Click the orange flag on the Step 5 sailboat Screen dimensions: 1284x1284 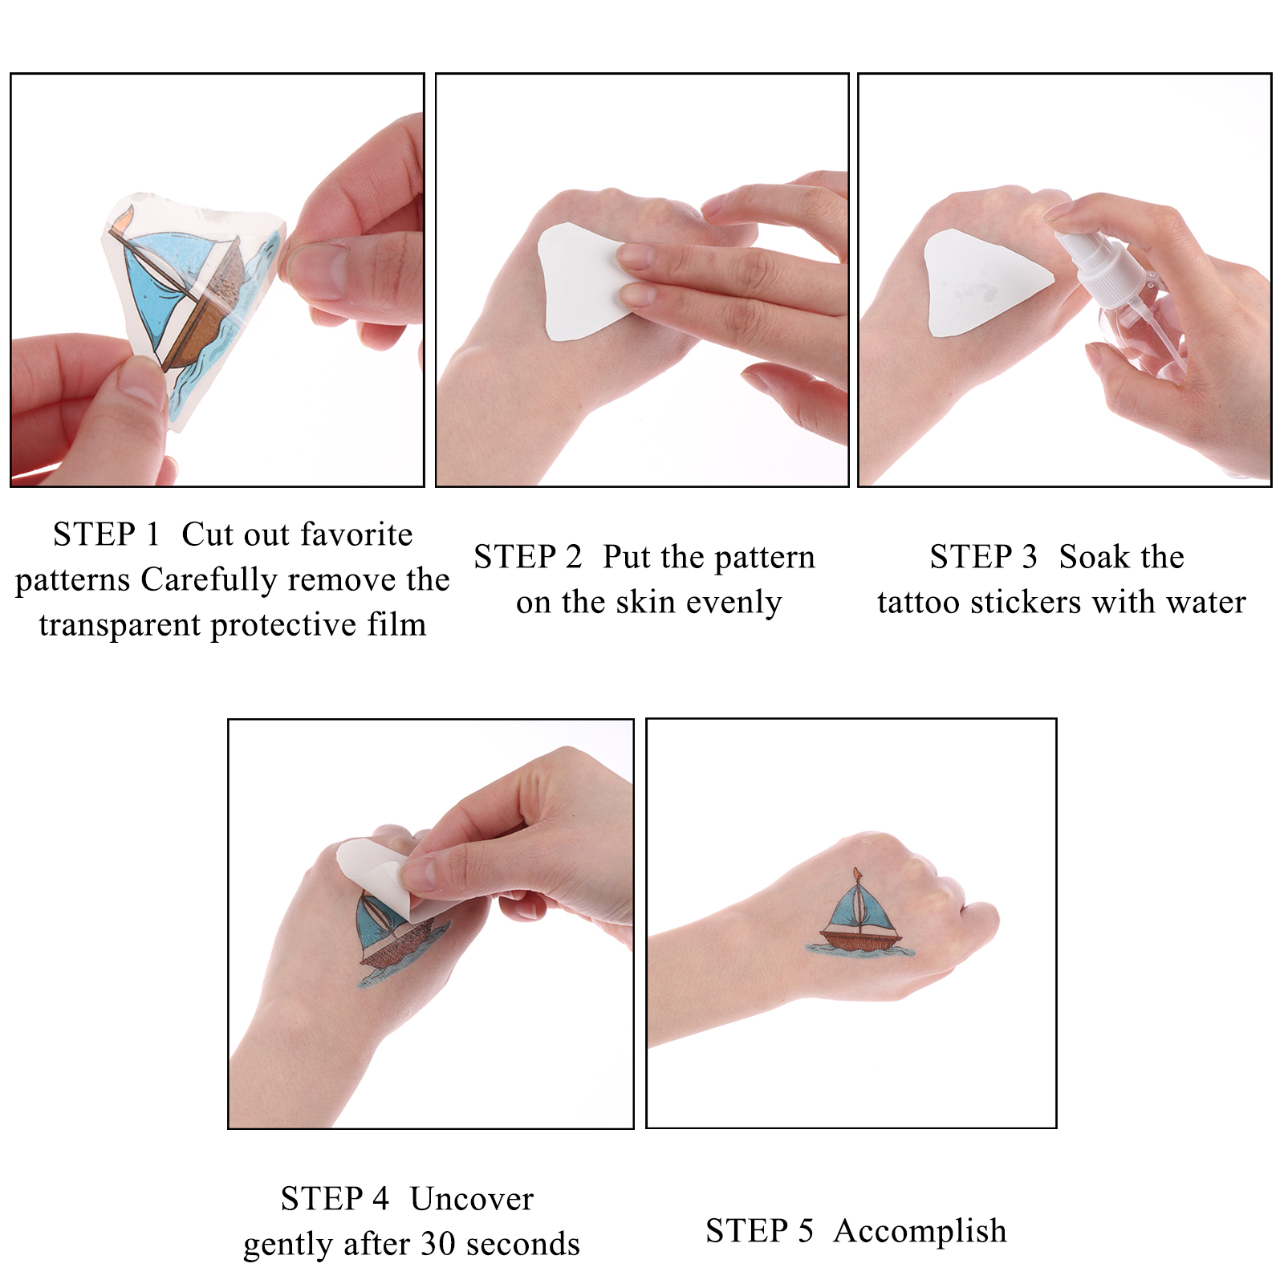[x=858, y=875]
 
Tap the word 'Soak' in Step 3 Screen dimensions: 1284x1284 [x=1091, y=557]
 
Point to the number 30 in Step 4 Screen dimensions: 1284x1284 [x=438, y=1244]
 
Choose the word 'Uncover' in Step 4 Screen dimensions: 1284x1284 [x=472, y=1199]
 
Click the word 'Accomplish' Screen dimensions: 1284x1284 [x=920, y=1232]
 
